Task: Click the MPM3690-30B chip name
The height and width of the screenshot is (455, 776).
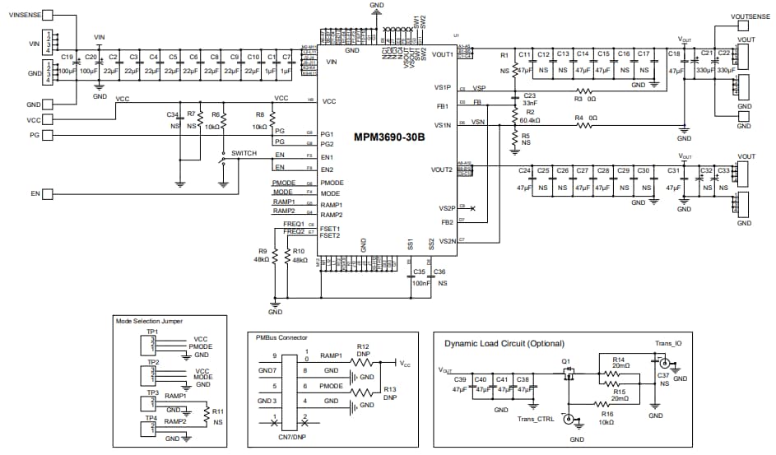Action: point(389,137)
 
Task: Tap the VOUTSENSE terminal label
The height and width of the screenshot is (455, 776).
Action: point(749,16)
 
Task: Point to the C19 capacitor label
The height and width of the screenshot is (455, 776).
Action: point(67,57)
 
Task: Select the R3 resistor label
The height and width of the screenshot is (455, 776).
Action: point(579,99)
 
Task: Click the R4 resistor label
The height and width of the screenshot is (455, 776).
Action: point(579,118)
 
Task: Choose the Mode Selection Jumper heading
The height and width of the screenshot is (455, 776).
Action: point(150,322)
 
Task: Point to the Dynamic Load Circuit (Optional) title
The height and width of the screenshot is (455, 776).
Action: point(505,343)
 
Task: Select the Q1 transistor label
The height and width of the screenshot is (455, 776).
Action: point(565,360)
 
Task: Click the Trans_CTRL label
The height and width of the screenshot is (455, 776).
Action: point(536,420)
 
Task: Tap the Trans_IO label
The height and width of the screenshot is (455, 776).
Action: point(667,343)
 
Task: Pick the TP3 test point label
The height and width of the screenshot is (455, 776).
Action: point(152,392)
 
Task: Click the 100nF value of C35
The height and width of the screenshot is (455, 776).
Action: point(419,282)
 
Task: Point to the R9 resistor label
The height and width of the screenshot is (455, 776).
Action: point(263,251)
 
